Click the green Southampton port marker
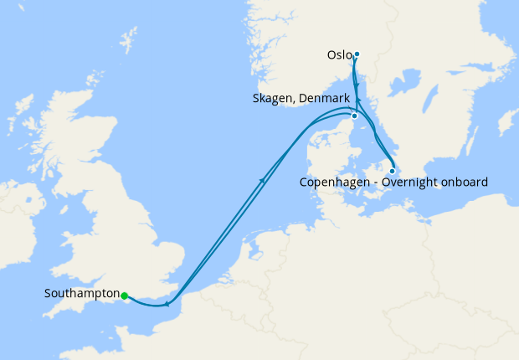124,296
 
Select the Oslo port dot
357,54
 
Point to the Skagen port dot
354,116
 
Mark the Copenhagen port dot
393,171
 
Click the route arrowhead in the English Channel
167,304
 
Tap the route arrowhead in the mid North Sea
264,179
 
